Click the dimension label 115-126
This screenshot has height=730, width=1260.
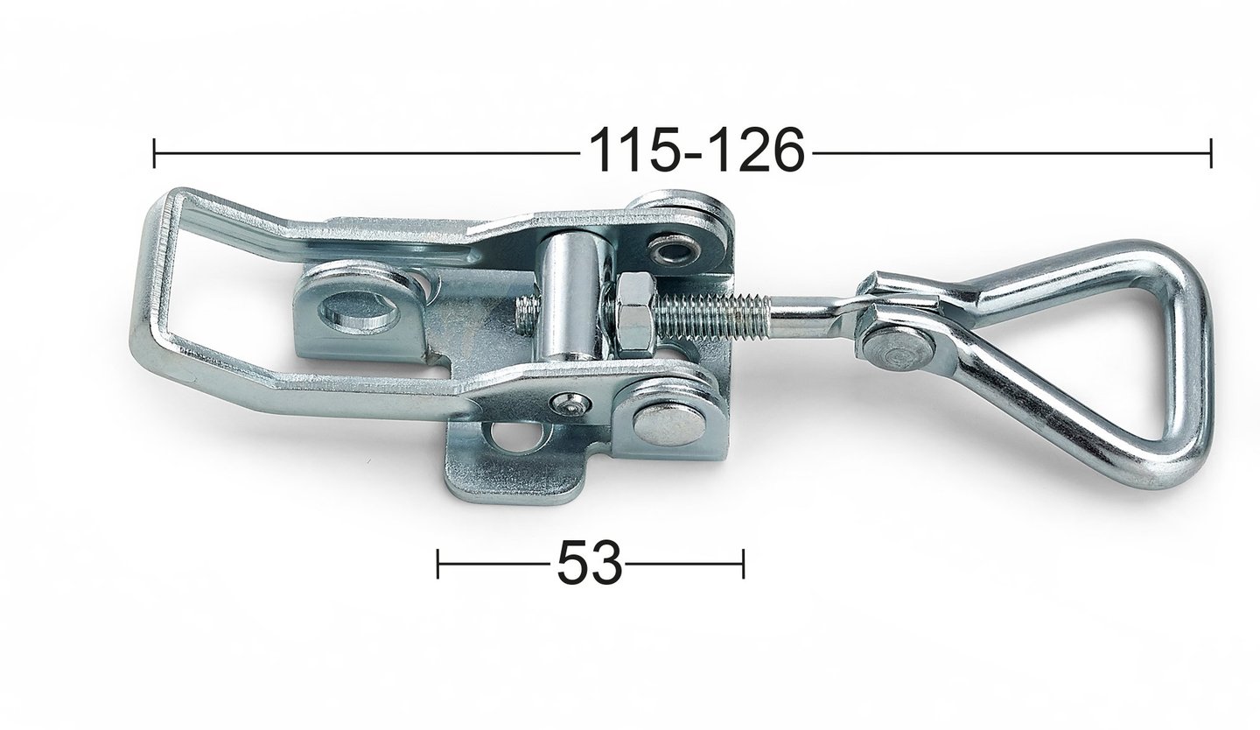[x=696, y=151]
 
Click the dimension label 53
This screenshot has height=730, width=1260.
[x=589, y=563]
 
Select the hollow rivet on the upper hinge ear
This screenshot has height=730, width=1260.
[x=675, y=250]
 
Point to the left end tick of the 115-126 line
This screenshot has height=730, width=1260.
[x=154, y=152]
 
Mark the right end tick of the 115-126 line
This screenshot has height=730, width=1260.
[x=1210, y=152]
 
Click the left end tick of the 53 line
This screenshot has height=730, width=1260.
[x=437, y=564]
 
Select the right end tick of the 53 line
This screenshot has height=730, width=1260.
[x=743, y=564]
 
